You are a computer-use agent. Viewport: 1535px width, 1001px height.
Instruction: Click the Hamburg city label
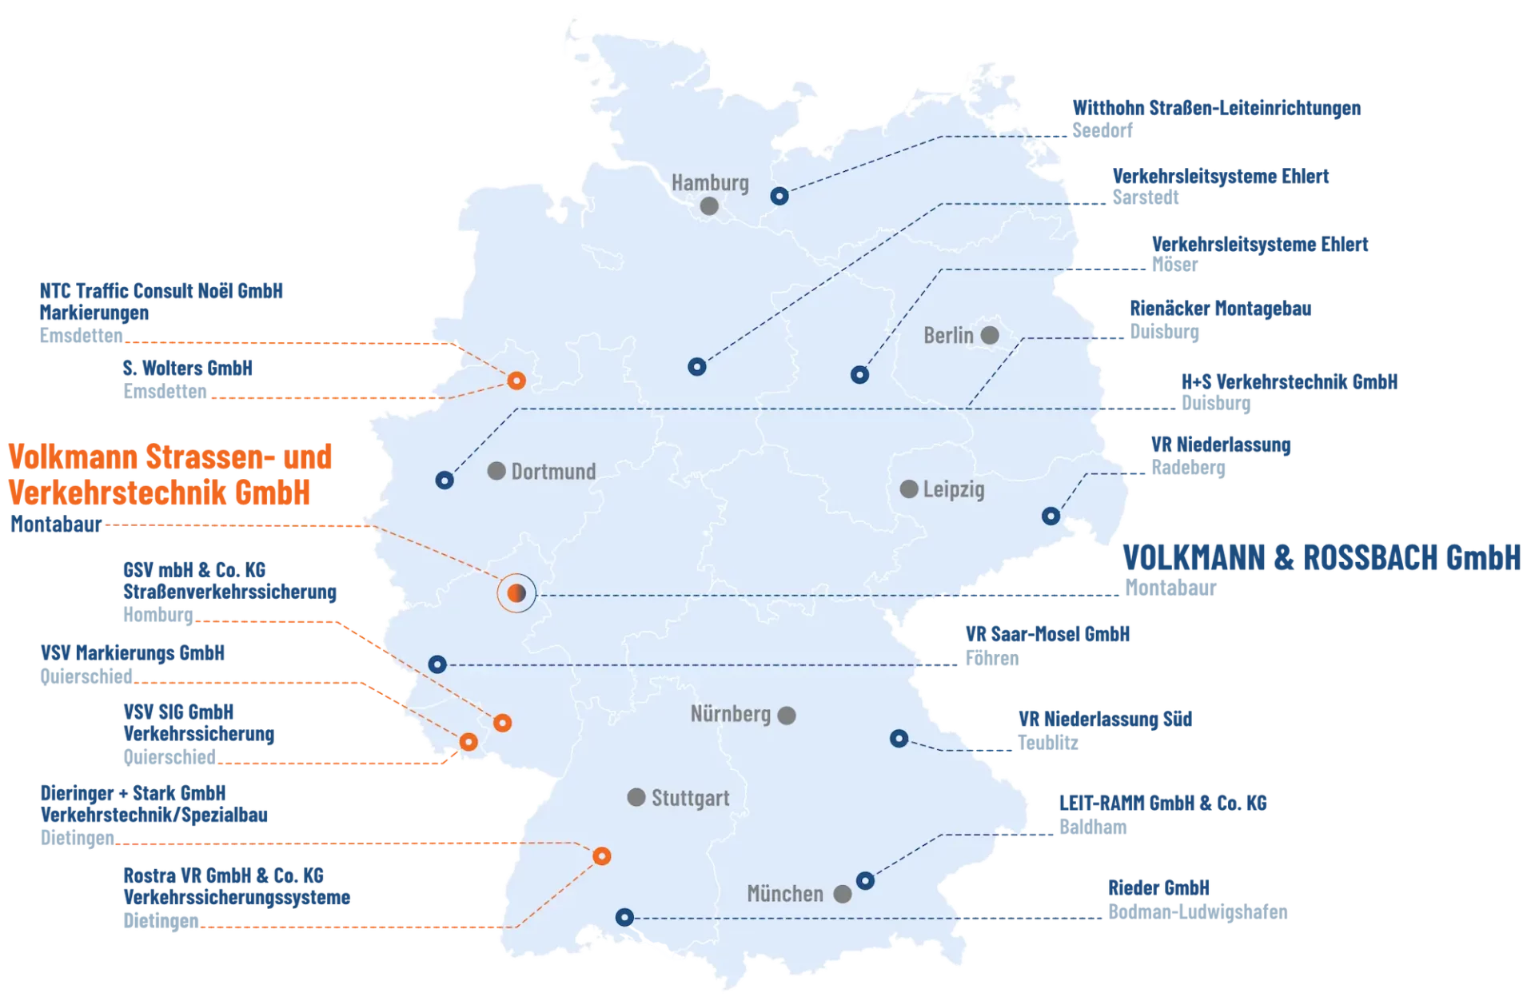pos(710,183)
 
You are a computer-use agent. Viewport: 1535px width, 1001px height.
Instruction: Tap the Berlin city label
pos(948,335)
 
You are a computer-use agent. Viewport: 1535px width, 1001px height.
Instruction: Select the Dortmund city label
pos(553,471)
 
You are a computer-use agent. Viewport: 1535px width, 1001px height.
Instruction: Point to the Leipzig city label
pos(954,489)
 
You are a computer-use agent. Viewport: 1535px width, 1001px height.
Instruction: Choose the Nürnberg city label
pos(730,714)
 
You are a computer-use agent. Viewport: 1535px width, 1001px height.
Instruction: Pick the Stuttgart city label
pos(690,798)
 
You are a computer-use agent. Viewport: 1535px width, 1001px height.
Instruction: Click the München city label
pos(784,893)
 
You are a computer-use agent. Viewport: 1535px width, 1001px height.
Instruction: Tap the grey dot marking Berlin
pos(990,335)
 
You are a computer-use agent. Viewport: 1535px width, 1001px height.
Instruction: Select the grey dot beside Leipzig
pos(908,489)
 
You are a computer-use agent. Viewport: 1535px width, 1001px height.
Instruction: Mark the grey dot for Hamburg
pos(709,206)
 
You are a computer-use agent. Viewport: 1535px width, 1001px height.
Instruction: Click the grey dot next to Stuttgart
pos(636,797)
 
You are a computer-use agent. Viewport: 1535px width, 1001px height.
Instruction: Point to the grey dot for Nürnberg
pos(787,715)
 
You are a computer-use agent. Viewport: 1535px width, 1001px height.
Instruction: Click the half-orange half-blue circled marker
pos(516,593)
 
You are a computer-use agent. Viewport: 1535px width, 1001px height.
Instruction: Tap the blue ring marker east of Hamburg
pos(779,196)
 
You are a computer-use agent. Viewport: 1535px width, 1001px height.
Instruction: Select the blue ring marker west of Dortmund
pos(445,481)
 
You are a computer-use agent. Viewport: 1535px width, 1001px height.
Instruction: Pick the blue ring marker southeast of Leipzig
pos(1051,516)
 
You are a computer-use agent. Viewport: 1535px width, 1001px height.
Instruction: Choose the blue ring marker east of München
pos(865,881)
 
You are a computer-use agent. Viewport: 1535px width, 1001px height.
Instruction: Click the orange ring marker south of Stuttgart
pos(602,856)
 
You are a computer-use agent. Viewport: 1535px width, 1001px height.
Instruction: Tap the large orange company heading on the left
pos(169,476)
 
